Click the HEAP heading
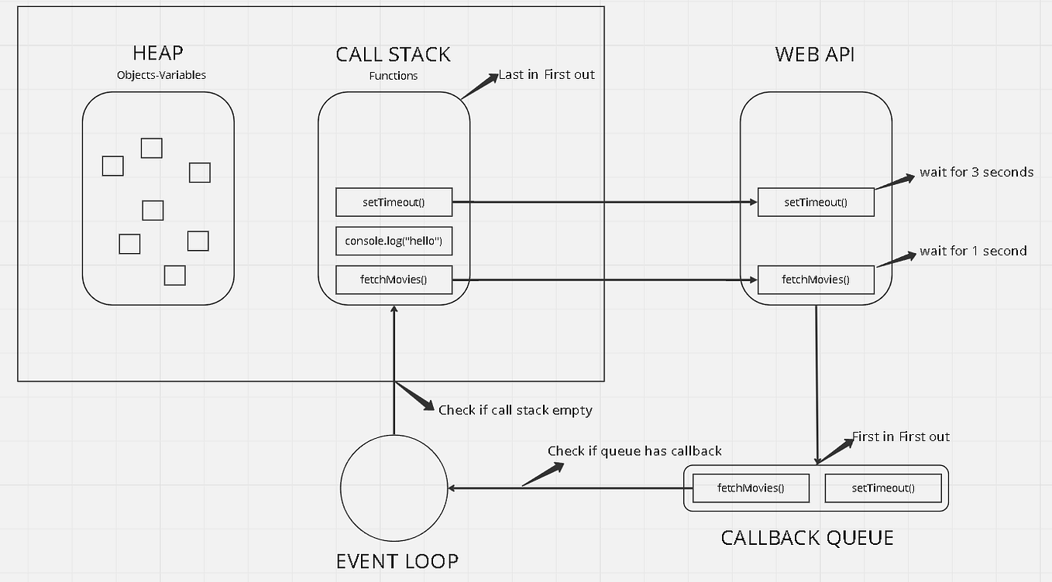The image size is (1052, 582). [x=158, y=54]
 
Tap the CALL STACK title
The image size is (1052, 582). [x=393, y=54]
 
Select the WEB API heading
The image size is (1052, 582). [x=814, y=54]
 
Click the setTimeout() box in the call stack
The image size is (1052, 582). [x=394, y=203]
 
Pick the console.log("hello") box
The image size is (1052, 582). [x=394, y=241]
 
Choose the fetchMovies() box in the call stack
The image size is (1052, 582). [x=394, y=279]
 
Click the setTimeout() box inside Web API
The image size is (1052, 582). [x=816, y=203]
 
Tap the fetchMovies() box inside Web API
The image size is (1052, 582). [x=816, y=279]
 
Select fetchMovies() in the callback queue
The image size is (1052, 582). [x=751, y=488]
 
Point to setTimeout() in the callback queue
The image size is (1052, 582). [x=883, y=488]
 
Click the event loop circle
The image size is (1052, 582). [x=394, y=488]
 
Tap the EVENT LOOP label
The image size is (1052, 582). [x=397, y=561]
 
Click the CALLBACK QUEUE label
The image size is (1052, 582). [x=807, y=538]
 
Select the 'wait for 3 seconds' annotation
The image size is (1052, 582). [x=976, y=172]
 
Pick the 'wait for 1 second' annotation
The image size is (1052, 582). [x=973, y=251]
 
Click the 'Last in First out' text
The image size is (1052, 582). [x=546, y=74]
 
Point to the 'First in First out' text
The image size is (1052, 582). [x=900, y=436]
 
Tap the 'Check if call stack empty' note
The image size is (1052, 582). [x=515, y=410]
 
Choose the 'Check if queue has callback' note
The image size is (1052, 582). [x=634, y=450]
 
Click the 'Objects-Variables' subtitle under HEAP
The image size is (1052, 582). [x=161, y=75]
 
